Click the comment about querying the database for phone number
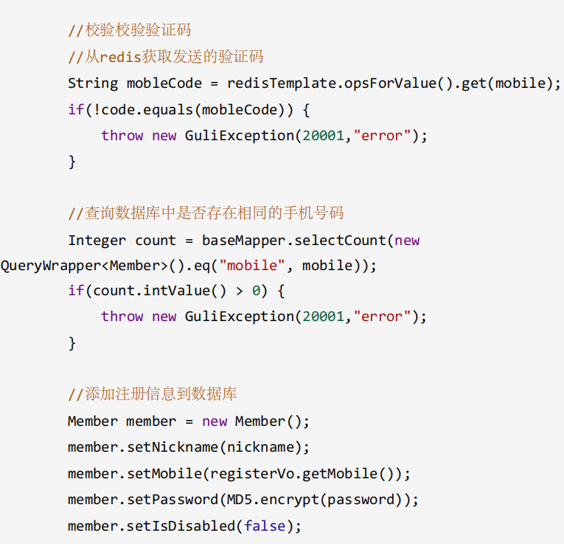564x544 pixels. tap(206, 214)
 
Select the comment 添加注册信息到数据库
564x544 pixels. tap(153, 394)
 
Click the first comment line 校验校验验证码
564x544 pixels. tap(130, 30)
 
